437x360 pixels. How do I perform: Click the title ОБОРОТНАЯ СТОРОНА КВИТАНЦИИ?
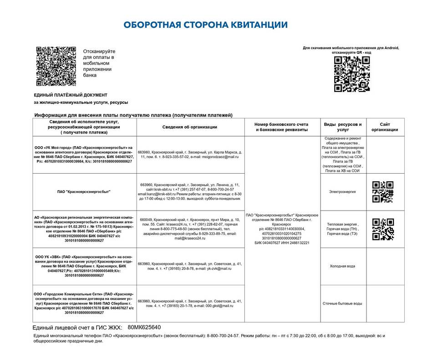point(206,25)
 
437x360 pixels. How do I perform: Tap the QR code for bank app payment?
point(56,66)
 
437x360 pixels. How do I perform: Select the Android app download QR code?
point(351,74)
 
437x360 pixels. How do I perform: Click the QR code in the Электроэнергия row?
point(383,192)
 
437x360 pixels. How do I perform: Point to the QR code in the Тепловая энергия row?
point(383,229)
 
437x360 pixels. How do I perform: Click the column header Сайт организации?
point(385,127)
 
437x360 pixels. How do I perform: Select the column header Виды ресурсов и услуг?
point(342,127)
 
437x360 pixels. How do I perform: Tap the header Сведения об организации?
point(190,127)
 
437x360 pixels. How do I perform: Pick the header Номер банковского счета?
point(282,124)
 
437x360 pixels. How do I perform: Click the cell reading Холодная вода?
point(342,266)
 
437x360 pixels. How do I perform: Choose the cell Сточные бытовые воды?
point(342,303)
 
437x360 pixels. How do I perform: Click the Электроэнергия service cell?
point(342,192)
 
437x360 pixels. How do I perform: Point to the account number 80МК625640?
point(144,327)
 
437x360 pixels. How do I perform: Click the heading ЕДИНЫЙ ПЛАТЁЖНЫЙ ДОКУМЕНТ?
point(71,95)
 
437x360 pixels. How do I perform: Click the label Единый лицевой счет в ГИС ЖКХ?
point(78,328)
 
